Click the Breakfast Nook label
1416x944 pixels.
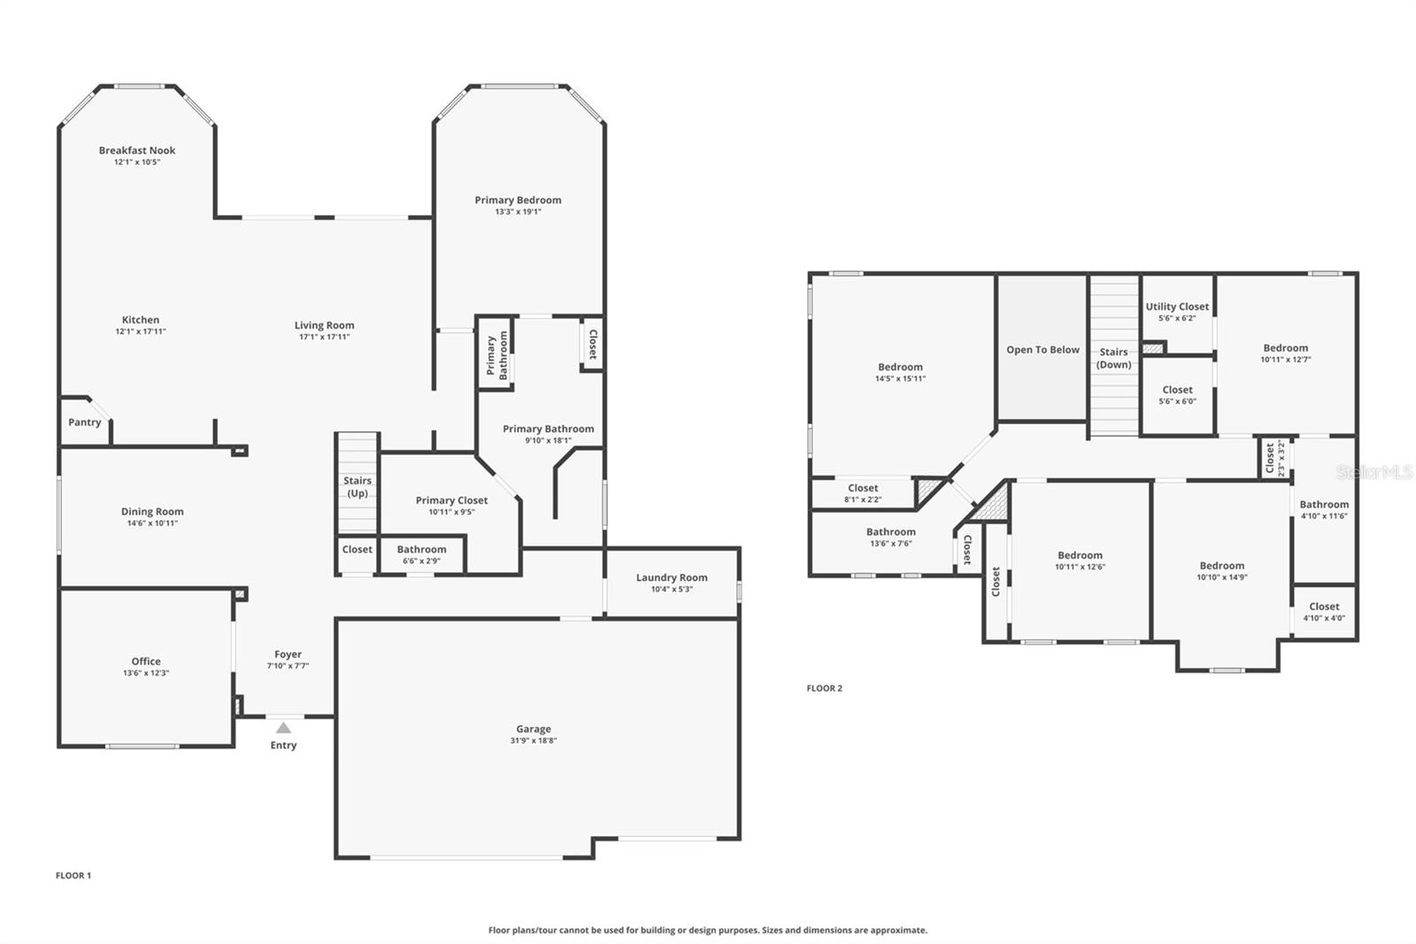tap(137, 151)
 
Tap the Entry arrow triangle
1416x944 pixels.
tap(283, 728)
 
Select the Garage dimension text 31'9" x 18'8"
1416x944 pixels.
tap(534, 740)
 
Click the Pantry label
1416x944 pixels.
tap(85, 422)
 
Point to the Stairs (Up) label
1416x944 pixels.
tap(358, 487)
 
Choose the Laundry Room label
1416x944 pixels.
tap(672, 577)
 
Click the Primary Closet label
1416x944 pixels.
tap(451, 500)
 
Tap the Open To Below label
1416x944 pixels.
tap(1043, 350)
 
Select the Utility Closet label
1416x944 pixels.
tap(1177, 306)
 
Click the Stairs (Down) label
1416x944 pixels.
tap(1113, 358)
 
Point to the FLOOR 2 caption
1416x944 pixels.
tap(824, 688)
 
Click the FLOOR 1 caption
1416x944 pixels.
tap(73, 875)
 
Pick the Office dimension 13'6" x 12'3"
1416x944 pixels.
tap(146, 673)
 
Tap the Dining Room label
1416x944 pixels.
tap(152, 511)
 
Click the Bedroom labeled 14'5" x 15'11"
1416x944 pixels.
tap(900, 367)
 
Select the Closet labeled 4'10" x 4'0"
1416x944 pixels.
tap(1324, 607)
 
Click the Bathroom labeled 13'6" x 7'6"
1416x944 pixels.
tap(890, 532)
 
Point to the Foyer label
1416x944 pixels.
tap(288, 654)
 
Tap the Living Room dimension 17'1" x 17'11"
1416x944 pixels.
tap(324, 337)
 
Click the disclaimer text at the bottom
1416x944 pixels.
tap(708, 930)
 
